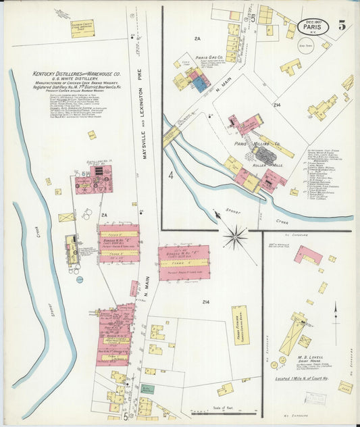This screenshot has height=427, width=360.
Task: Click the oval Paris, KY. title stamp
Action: tap(311, 27)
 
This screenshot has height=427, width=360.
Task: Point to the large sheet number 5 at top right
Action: tap(342, 26)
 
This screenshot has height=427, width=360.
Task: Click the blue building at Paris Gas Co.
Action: tap(200, 82)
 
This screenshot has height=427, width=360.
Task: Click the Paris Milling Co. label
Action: tap(258, 144)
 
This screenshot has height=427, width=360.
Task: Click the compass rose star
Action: tap(236, 236)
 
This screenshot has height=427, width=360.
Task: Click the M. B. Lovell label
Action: tap(311, 357)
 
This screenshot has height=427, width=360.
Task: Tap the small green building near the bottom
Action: tap(147, 389)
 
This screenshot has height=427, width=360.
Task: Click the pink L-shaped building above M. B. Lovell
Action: tap(308, 255)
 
